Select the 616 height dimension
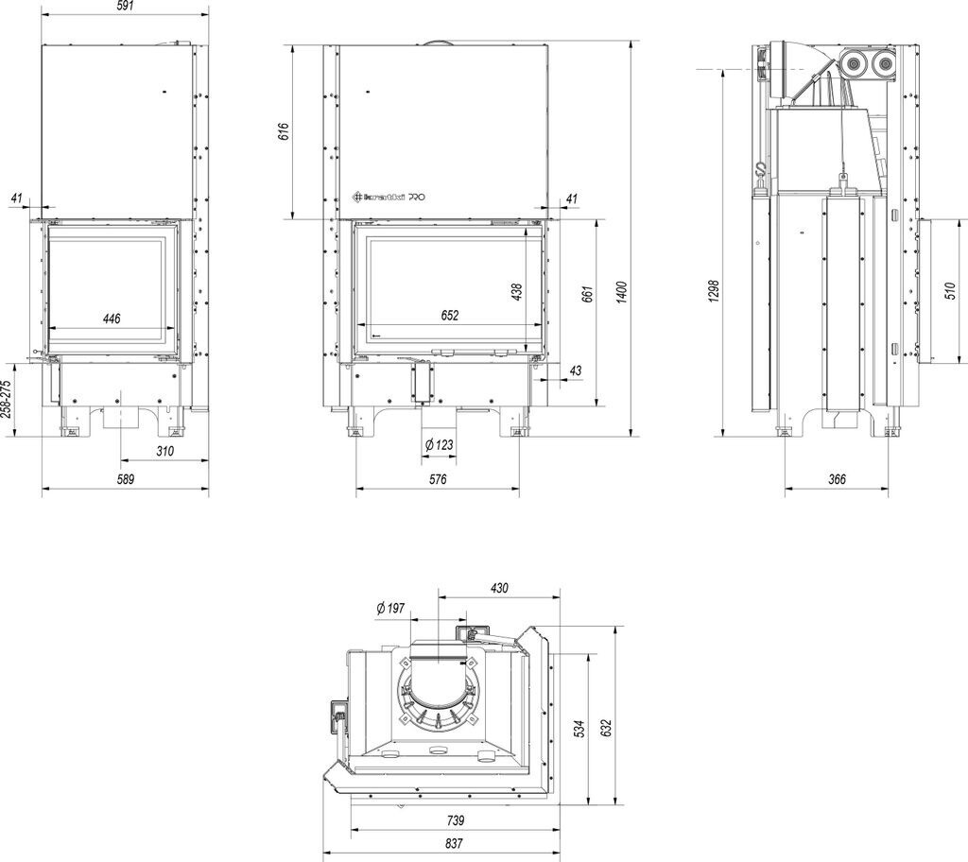(x=283, y=131)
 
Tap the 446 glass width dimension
(x=112, y=319)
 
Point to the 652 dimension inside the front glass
(x=449, y=316)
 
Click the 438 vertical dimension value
(x=517, y=293)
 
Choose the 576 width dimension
(x=437, y=479)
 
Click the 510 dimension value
(x=950, y=291)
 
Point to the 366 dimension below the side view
(x=837, y=479)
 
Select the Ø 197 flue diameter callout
(x=389, y=608)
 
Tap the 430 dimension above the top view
(x=499, y=588)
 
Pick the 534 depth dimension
(x=579, y=728)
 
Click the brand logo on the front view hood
(x=389, y=197)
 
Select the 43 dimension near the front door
(x=575, y=371)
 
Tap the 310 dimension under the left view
(x=164, y=451)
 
